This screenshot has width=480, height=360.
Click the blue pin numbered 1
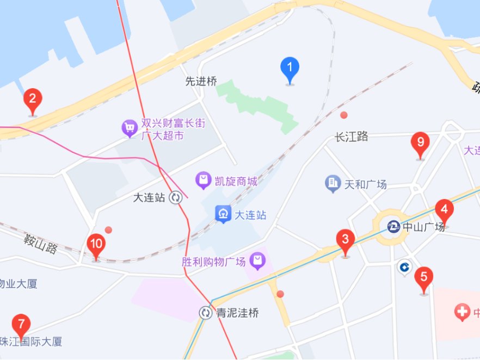click(x=290, y=68)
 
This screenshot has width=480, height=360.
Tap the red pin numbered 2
click(x=33, y=99)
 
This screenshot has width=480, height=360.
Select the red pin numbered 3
click(x=345, y=239)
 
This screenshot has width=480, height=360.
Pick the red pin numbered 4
click(x=444, y=209)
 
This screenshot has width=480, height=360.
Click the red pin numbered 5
click(x=424, y=277)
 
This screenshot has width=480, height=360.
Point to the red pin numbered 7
click(x=21, y=325)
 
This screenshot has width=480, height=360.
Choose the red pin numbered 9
click(x=420, y=142)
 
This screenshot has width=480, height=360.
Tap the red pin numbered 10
click(x=96, y=244)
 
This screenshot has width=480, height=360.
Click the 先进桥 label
click(x=201, y=82)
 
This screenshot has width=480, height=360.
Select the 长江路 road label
click(x=352, y=136)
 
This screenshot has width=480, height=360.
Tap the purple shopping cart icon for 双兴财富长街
click(x=129, y=129)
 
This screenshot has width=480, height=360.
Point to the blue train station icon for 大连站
click(x=223, y=214)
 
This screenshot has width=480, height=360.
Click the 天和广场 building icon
click(x=333, y=184)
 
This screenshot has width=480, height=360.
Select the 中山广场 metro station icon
click(x=393, y=226)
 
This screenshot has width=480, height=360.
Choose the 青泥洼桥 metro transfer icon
click(x=205, y=313)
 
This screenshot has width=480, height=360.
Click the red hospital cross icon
click(x=462, y=313)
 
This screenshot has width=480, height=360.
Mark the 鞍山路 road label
click(x=41, y=244)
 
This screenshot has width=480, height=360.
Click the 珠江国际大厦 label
click(x=32, y=342)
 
